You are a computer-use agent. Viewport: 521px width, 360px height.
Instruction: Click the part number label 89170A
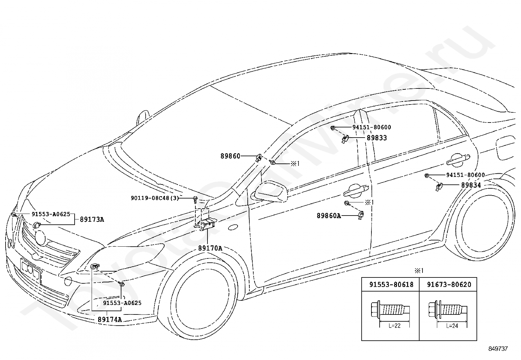[x=210, y=248]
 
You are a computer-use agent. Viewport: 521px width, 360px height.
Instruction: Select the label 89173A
[x=92, y=219]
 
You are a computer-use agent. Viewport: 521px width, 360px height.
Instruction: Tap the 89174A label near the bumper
[x=110, y=319]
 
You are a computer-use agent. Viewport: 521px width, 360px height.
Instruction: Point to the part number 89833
[x=377, y=138]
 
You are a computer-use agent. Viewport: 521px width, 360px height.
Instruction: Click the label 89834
[x=471, y=185]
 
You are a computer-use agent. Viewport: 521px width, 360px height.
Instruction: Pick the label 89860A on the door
[x=329, y=216]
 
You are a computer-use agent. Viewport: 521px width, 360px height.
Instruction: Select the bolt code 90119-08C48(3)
[x=155, y=198]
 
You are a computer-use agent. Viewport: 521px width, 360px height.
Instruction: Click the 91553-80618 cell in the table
[x=391, y=285]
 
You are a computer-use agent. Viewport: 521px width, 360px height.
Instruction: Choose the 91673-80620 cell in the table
[x=449, y=285]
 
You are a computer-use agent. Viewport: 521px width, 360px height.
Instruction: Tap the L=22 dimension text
[x=394, y=326]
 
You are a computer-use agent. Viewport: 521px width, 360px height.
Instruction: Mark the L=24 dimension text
[x=452, y=326]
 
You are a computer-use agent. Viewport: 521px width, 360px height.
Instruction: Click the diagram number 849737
[x=498, y=349]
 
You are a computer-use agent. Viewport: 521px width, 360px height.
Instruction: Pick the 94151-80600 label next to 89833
[x=371, y=127]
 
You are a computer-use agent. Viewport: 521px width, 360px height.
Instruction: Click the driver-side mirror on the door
[x=271, y=191]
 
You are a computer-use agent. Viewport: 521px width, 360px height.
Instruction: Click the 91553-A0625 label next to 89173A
[x=51, y=214]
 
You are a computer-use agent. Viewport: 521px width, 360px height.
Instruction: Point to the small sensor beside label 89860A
[x=361, y=215]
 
